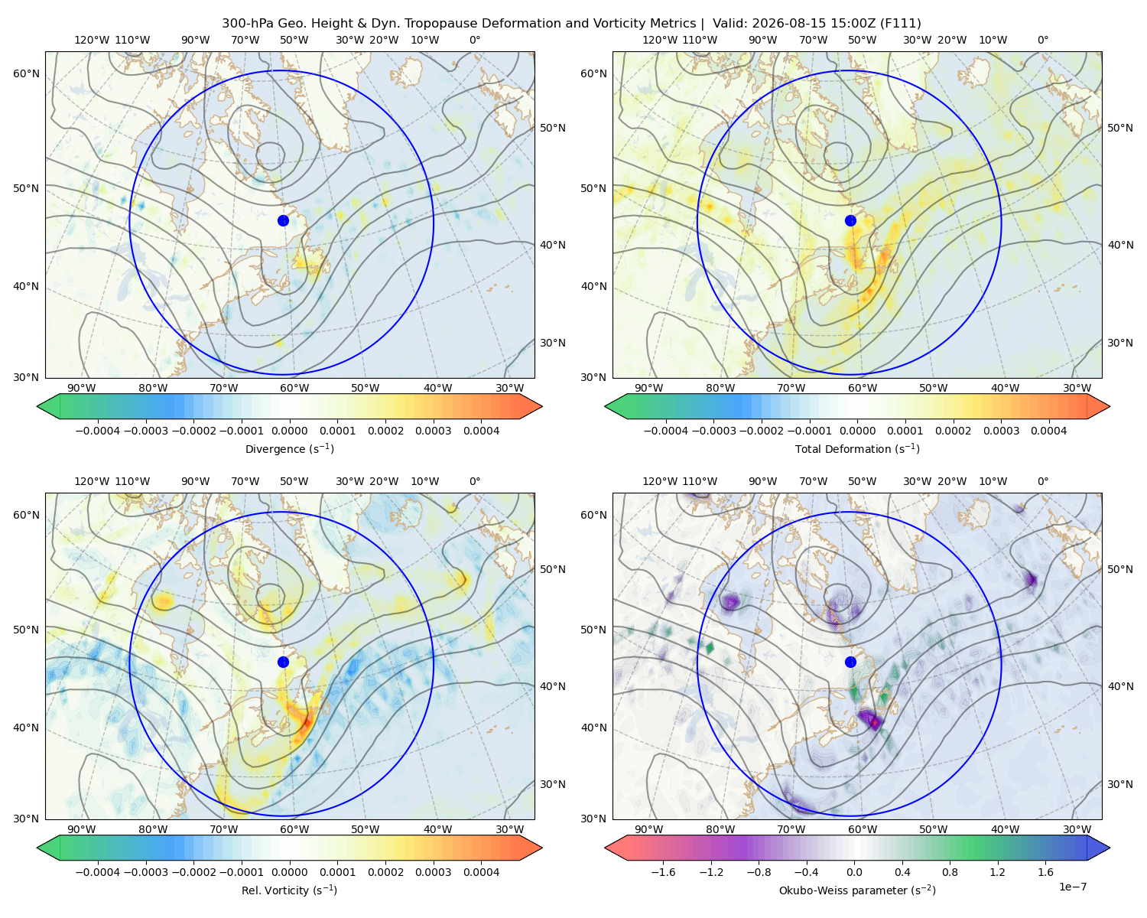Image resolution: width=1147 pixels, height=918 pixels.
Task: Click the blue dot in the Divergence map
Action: [283, 221]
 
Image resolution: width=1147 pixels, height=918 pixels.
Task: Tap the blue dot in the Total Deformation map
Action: [850, 221]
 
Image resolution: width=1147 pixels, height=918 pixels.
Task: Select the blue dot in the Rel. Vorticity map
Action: [283, 662]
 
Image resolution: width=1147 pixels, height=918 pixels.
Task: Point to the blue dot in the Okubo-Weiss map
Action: [850, 662]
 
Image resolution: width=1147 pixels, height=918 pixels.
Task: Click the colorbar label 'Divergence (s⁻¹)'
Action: [289, 449]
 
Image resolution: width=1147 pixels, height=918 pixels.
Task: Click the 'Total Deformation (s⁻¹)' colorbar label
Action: [857, 449]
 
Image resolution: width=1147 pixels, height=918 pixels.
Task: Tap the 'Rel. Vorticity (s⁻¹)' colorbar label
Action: [289, 890]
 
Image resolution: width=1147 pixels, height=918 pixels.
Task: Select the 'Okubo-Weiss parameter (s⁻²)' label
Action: [857, 890]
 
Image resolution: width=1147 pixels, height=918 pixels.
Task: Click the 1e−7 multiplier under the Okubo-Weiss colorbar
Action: [1072, 887]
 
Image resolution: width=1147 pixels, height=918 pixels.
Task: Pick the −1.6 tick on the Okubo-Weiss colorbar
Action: [663, 872]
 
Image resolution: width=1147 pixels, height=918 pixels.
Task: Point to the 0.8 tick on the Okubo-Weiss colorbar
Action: [950, 872]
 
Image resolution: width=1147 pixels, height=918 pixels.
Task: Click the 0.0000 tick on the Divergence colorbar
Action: [289, 431]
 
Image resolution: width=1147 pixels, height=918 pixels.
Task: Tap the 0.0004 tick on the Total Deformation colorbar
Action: [1048, 431]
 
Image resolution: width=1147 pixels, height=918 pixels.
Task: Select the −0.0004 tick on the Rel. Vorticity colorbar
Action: [98, 872]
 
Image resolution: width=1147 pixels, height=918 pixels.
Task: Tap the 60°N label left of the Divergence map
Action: [26, 73]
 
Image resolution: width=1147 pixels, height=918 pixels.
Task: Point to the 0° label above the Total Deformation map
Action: [1042, 40]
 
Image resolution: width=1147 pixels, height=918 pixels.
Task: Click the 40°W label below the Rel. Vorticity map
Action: [437, 829]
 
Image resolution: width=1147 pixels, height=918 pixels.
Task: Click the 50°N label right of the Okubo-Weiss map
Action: [1120, 569]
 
